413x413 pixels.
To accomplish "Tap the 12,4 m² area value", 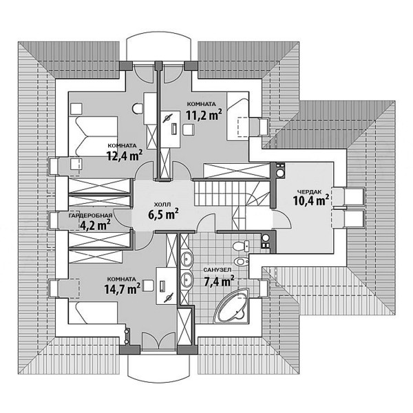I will pos(124,156).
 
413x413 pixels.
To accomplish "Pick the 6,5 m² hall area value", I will pos(163,214).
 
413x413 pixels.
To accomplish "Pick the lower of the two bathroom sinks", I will pos(187,280).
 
